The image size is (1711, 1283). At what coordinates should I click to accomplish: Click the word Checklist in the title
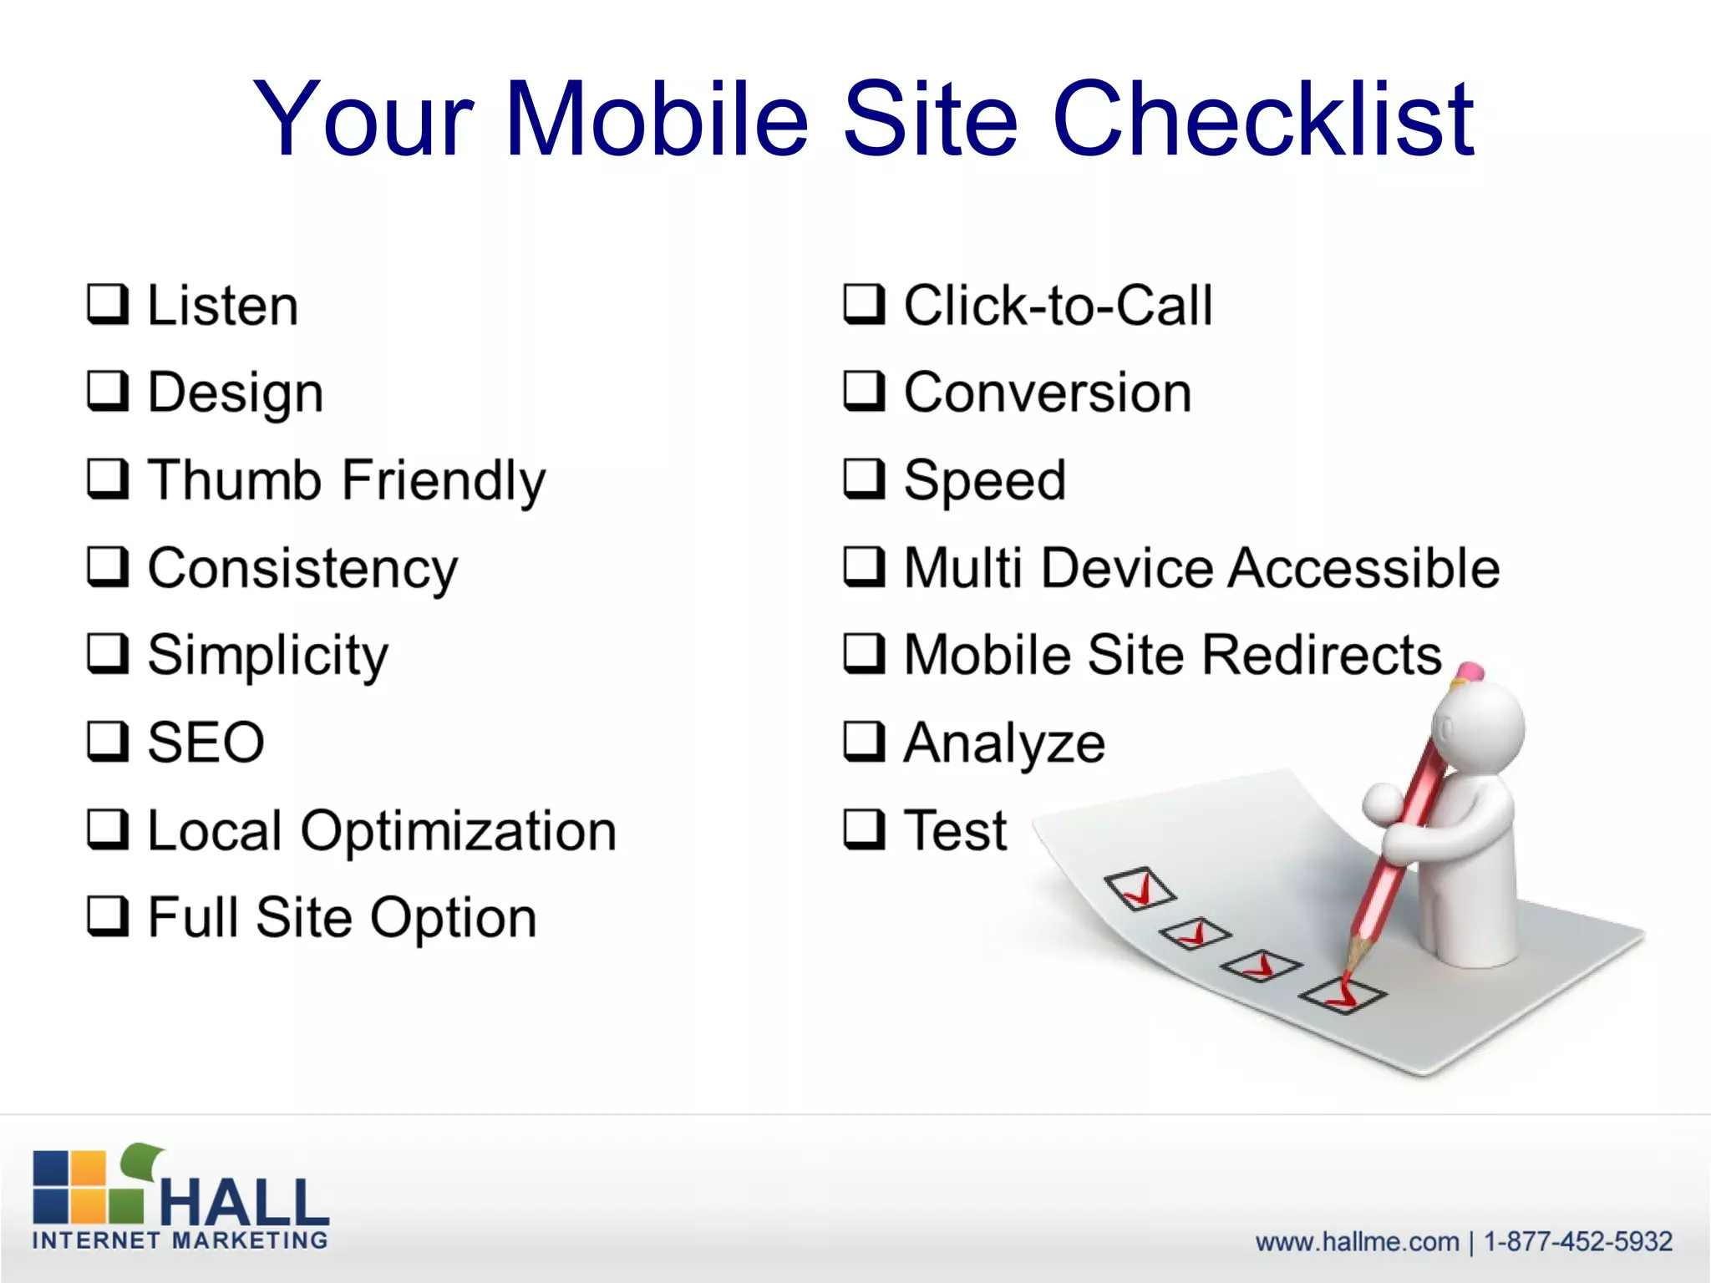click(1263, 119)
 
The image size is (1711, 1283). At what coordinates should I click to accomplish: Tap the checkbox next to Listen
click(108, 304)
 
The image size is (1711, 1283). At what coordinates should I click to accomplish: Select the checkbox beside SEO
click(108, 742)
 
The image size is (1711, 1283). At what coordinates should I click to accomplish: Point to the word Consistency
click(302, 568)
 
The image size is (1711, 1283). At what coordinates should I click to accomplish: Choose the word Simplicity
click(267, 655)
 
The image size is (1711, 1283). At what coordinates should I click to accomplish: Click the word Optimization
click(458, 831)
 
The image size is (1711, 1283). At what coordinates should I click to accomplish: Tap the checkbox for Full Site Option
click(108, 917)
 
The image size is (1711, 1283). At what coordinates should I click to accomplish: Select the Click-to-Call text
click(1058, 305)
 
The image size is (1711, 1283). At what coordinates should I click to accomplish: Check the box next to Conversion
click(864, 392)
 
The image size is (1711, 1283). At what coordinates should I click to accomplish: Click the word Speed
click(985, 481)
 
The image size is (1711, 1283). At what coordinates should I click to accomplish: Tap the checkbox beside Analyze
click(864, 742)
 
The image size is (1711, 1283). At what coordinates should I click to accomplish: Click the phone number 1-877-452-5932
click(1577, 1241)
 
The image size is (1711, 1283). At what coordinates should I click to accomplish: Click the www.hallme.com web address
click(1357, 1241)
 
